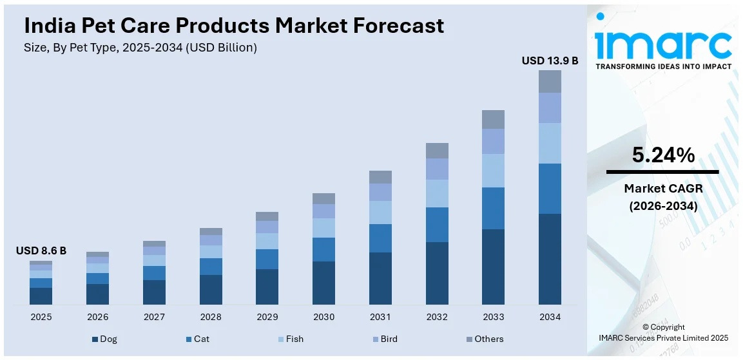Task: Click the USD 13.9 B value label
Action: click(550, 61)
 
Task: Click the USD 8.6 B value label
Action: click(41, 251)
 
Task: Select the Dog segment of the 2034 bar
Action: click(550, 259)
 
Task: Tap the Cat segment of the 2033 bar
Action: click(493, 208)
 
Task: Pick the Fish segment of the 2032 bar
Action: click(437, 193)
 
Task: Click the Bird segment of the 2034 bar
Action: click(550, 108)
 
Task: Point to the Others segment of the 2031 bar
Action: click(380, 177)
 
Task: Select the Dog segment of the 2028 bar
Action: click(211, 290)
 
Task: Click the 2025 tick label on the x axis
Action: click(41, 317)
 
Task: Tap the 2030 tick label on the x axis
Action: click(323, 317)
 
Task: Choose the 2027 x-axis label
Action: click(154, 317)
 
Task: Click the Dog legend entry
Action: click(104, 339)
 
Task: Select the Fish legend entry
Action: click(290, 339)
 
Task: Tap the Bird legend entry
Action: click(385, 339)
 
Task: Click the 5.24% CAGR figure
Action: click(662, 155)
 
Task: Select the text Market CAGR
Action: click(662, 189)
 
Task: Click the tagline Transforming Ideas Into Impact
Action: click(663, 66)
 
